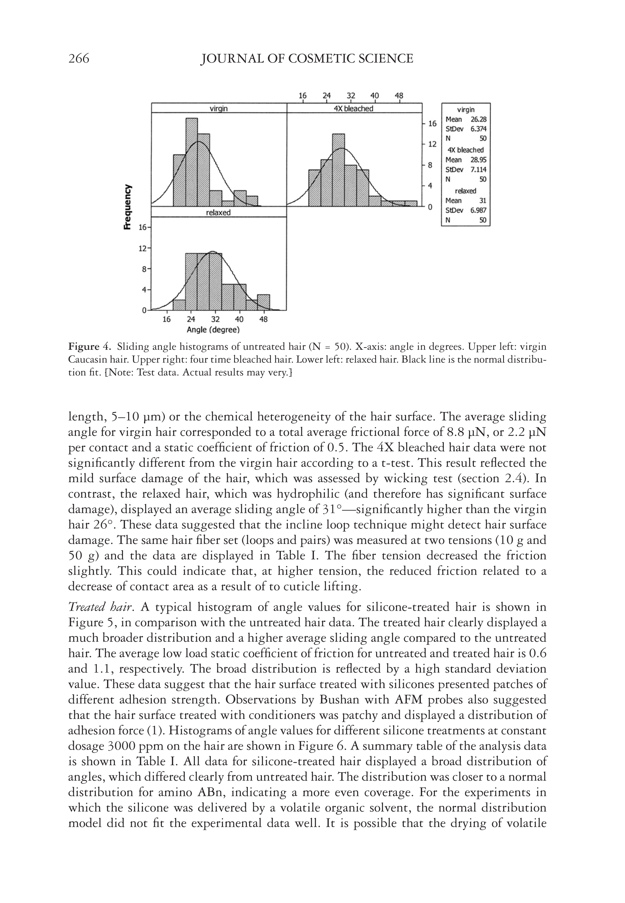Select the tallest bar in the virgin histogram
[x=192, y=162]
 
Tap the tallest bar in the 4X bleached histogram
[x=339, y=170]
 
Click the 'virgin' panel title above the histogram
[x=219, y=109]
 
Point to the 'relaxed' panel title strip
[x=219, y=213]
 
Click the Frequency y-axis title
[x=127, y=207]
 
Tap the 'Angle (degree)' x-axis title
[x=213, y=330]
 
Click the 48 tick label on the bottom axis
[x=263, y=319]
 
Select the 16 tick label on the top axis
[x=303, y=96]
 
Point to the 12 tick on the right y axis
[x=432, y=144]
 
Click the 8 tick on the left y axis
[x=144, y=269]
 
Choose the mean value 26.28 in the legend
[x=478, y=119]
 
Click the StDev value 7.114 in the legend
[x=478, y=170]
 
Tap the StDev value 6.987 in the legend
[x=478, y=210]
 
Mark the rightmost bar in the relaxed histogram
[x=263, y=302]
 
